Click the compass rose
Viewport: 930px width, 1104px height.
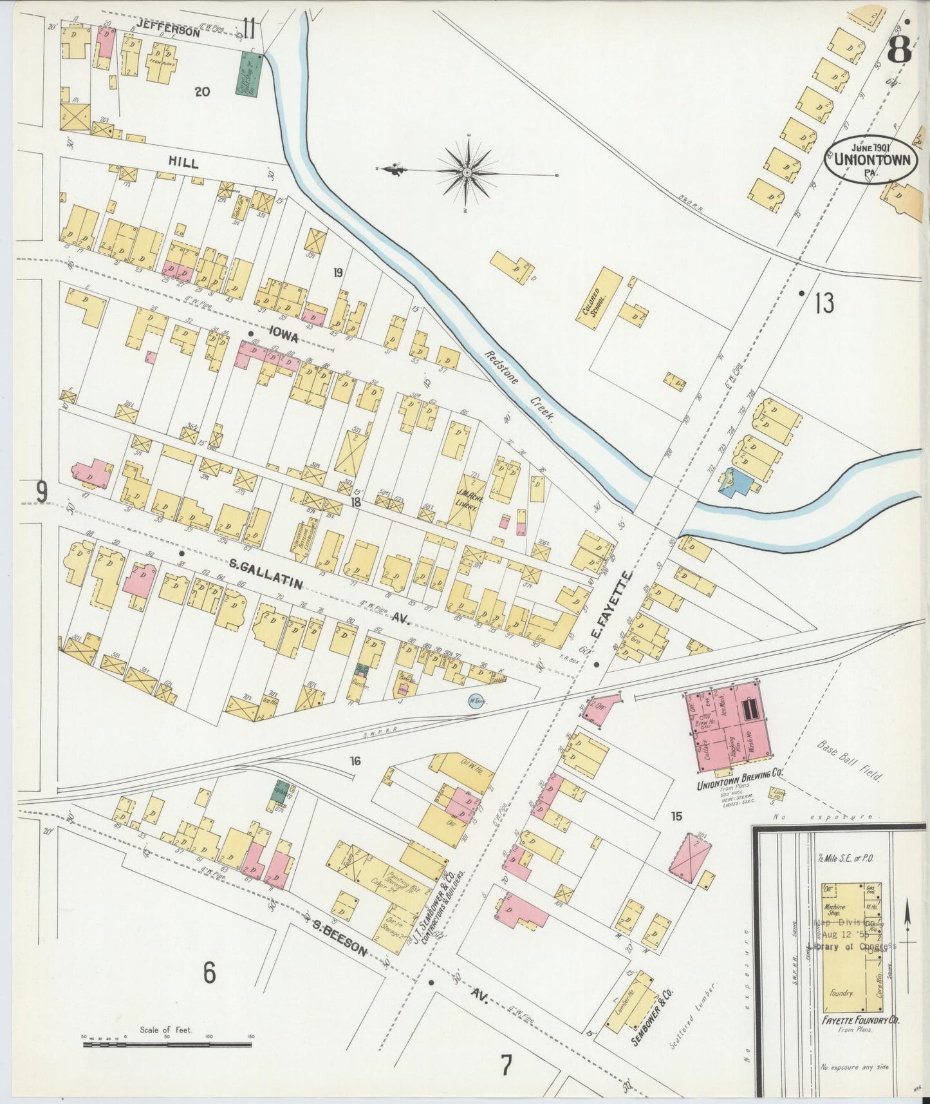tap(468, 172)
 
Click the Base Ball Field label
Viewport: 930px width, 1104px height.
tap(850, 761)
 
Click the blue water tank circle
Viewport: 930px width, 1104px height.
tap(475, 701)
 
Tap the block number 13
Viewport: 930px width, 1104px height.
tap(824, 303)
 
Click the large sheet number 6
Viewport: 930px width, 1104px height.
tap(209, 973)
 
